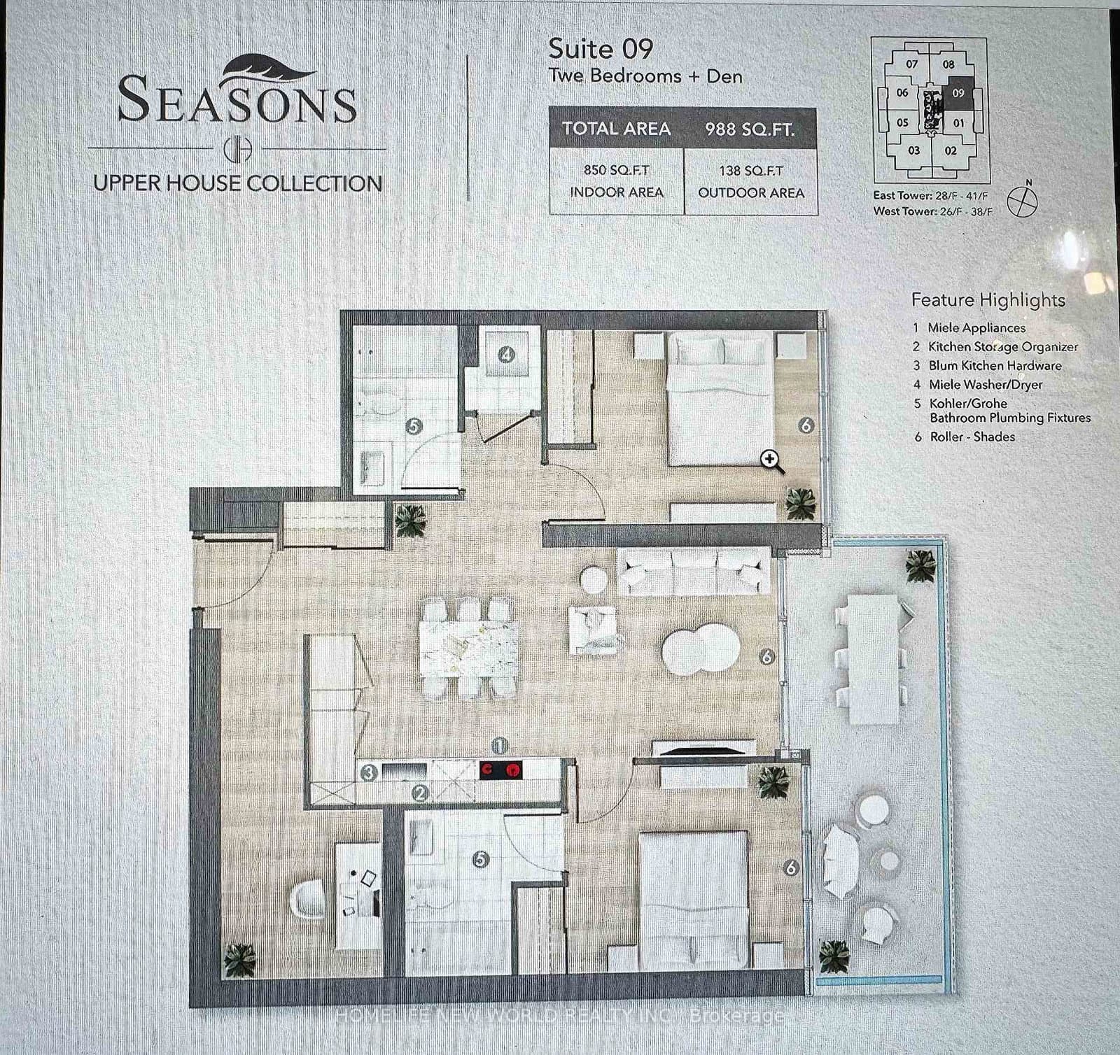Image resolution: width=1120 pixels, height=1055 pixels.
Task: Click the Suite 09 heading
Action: point(600,49)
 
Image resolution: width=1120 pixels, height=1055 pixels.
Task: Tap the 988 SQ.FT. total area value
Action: point(750,129)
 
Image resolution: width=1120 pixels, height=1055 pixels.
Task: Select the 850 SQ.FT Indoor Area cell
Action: point(616,181)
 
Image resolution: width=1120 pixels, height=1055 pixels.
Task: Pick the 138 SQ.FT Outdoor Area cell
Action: point(750,181)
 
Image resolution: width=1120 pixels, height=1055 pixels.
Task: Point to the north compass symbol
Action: point(1021,201)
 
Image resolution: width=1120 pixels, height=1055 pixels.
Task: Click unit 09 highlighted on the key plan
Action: point(958,92)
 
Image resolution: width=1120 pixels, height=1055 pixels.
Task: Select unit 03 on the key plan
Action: point(913,150)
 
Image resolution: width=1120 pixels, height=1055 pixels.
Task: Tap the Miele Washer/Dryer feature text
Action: point(985,385)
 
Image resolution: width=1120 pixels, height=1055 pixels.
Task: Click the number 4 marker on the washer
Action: point(506,355)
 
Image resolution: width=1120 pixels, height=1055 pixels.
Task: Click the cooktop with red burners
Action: point(501,770)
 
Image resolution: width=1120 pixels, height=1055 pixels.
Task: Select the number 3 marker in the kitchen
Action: point(369,772)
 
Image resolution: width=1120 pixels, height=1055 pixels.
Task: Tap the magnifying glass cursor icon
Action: point(772,461)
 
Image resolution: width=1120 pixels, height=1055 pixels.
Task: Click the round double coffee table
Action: point(700,649)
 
